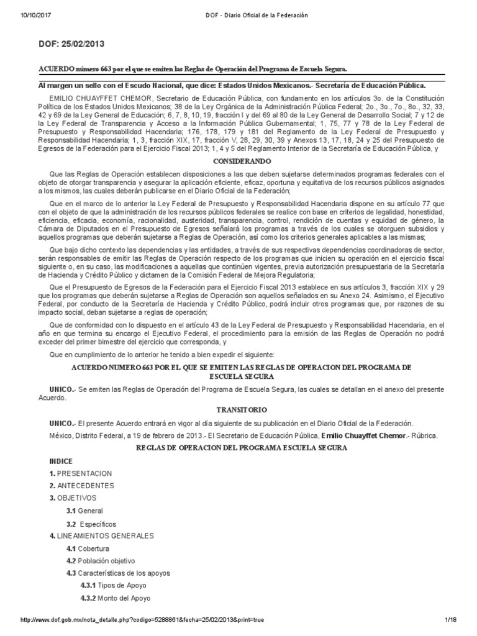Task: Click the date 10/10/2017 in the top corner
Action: point(38,14)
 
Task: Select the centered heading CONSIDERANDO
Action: point(238,160)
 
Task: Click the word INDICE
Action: point(61,461)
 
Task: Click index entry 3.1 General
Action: point(86,511)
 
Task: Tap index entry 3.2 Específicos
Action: point(91,524)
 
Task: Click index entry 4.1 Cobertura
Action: point(88,548)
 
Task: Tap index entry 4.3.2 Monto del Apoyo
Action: point(117,598)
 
